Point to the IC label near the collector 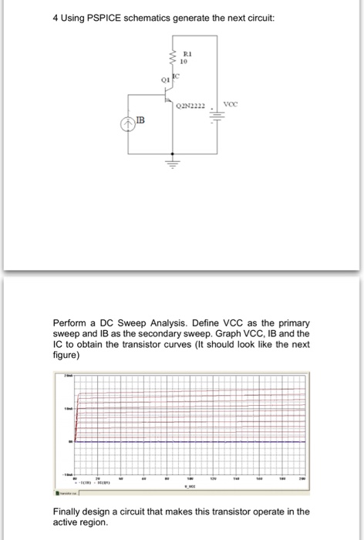176,75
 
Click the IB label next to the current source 140,120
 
